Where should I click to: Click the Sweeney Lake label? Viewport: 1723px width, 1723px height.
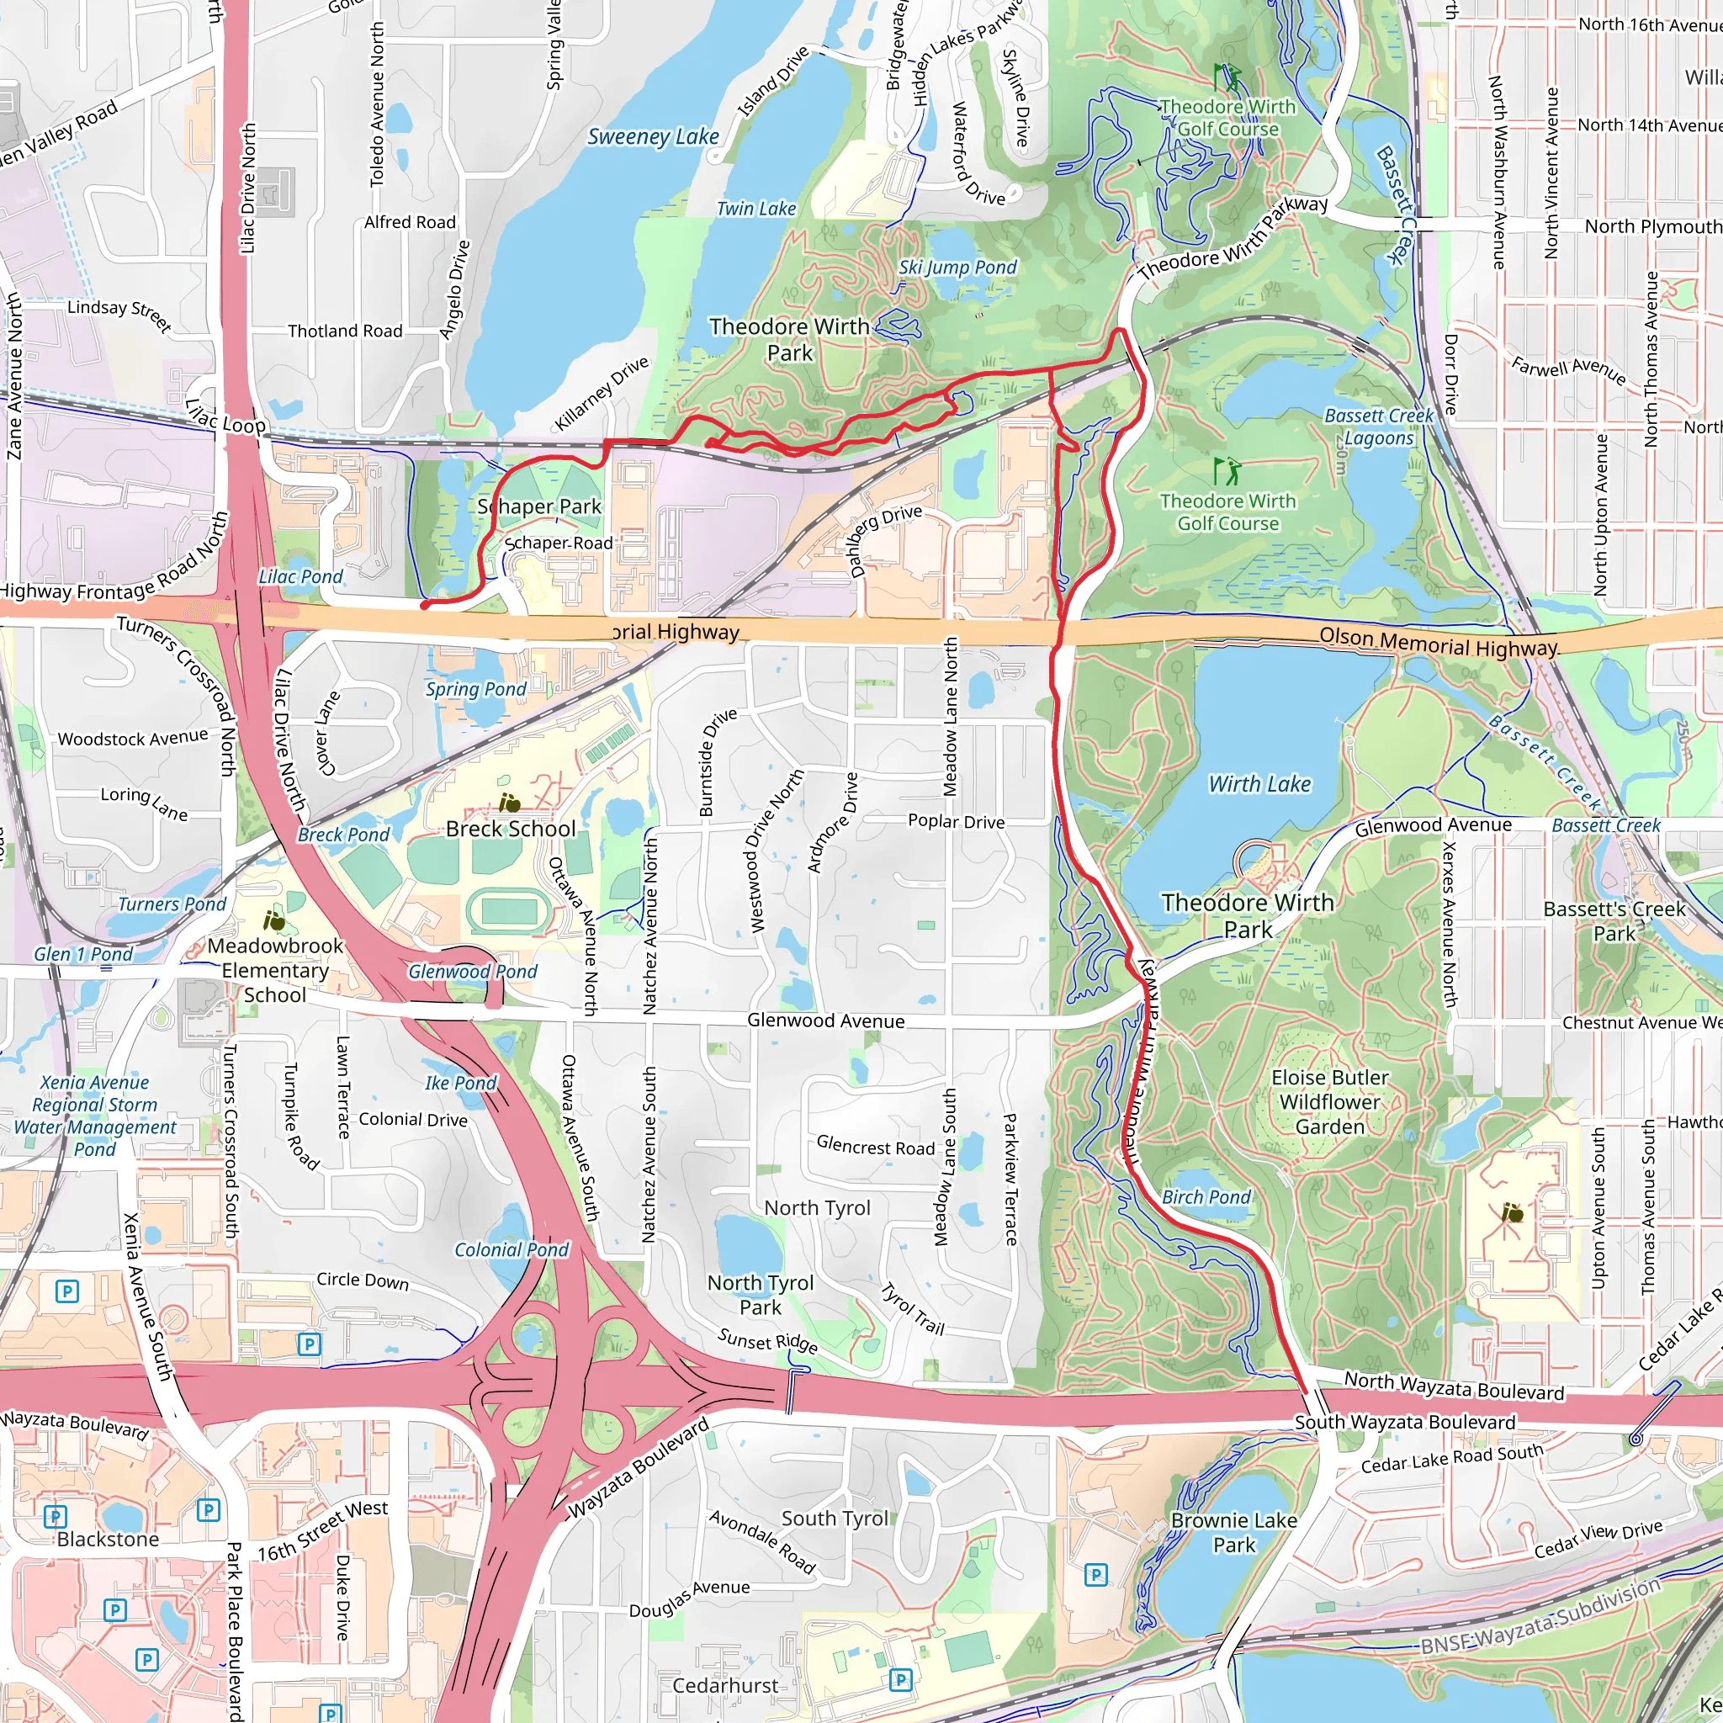coord(653,136)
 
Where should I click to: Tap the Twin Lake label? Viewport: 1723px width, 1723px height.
coord(756,209)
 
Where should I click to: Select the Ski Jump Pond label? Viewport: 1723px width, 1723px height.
coord(957,268)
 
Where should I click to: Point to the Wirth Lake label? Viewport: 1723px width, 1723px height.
coord(1259,784)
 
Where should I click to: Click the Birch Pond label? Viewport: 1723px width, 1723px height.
coord(1206,1197)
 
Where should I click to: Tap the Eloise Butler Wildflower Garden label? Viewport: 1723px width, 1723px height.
coord(1330,1101)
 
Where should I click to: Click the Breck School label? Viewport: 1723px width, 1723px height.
coord(510,829)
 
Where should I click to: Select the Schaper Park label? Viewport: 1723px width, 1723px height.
coord(539,506)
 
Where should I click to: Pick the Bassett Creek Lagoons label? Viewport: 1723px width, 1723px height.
coord(1379,427)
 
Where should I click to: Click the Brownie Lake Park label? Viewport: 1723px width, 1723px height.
coord(1233,1532)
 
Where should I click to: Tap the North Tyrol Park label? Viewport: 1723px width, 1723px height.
coord(760,1295)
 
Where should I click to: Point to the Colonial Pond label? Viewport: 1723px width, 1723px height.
coord(511,1249)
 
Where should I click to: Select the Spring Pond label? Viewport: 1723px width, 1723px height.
coord(475,689)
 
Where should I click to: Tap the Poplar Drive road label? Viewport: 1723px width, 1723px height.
coord(956,821)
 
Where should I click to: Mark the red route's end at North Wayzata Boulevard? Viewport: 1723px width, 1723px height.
coord(1307,1392)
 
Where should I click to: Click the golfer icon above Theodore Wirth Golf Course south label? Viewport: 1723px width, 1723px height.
coord(1227,470)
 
